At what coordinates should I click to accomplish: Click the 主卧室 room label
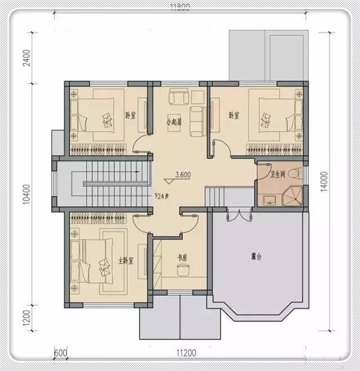tap(125, 261)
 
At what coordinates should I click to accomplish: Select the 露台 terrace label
tap(256, 257)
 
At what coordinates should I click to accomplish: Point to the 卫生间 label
tap(279, 174)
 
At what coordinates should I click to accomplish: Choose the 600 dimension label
tap(61, 354)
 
